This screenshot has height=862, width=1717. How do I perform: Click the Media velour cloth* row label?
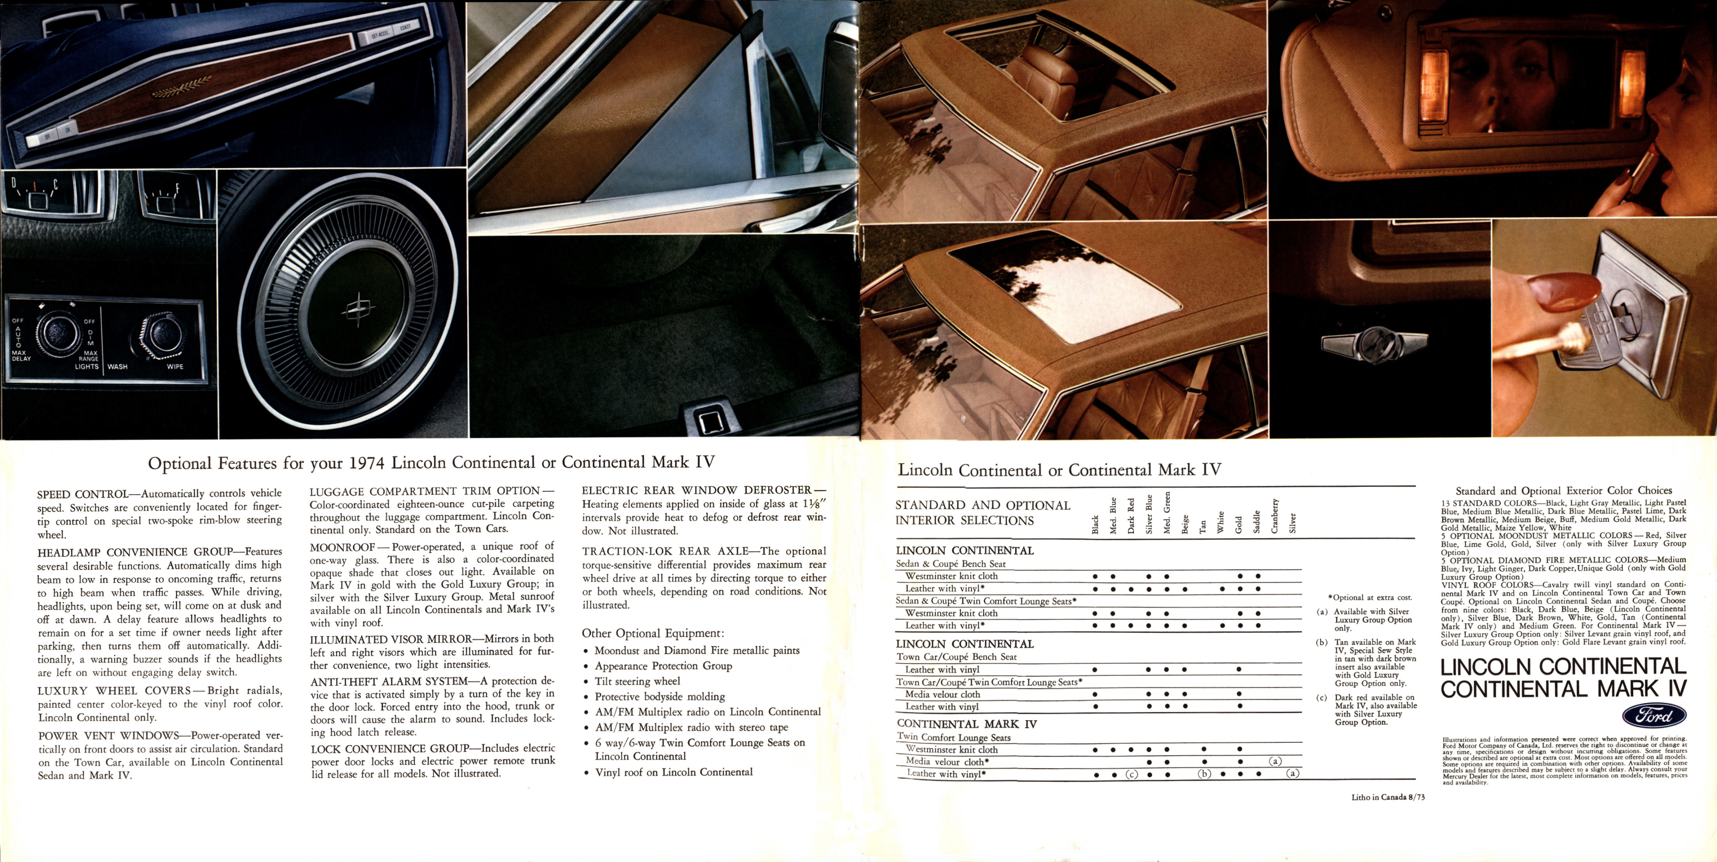coord(946,761)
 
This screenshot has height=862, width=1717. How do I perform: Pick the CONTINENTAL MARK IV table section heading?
coord(966,723)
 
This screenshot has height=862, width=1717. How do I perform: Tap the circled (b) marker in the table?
coord(1204,774)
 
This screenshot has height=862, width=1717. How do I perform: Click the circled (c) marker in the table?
coord(1131,774)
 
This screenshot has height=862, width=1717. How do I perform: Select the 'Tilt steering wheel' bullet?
coord(637,681)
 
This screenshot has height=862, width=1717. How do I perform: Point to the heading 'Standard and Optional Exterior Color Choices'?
coord(1563,491)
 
